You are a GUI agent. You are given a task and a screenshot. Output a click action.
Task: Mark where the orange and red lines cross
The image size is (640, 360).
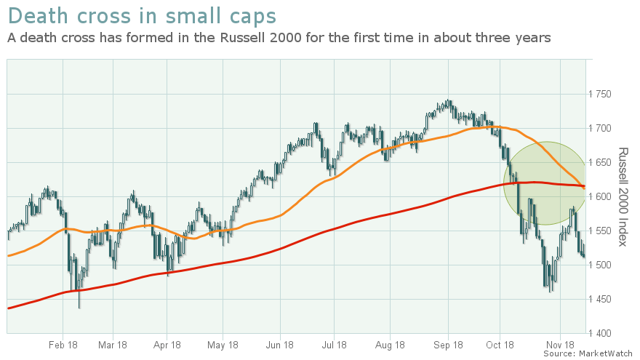(583, 187)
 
